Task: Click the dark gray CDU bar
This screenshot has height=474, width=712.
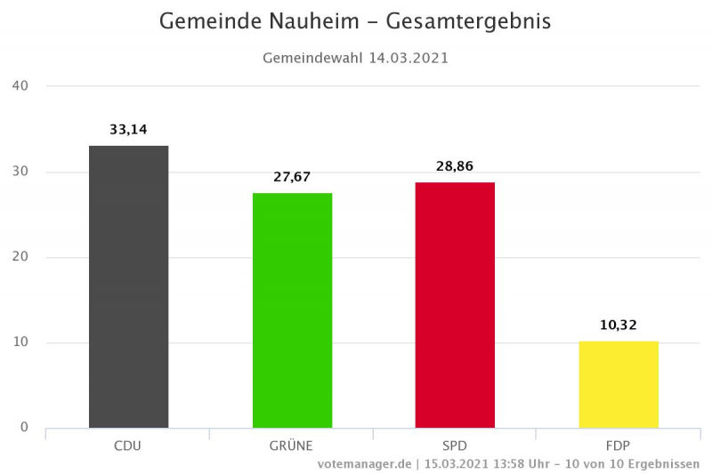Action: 128,286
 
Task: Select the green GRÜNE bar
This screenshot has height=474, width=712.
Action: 292,310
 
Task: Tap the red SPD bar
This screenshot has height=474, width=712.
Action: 455,305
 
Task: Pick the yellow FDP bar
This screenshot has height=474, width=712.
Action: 619,384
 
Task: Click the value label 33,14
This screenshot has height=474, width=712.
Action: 128,130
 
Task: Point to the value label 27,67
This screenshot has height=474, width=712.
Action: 292,177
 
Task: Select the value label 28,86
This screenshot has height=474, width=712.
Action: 455,166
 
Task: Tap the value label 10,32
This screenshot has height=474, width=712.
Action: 619,325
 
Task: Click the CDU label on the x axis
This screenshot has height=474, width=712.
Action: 128,445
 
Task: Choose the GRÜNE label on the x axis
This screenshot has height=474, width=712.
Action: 292,445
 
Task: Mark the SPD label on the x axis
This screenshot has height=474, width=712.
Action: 455,445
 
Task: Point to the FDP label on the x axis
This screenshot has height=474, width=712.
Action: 619,445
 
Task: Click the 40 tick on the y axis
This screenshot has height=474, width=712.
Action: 20,86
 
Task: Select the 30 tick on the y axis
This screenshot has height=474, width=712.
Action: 20,172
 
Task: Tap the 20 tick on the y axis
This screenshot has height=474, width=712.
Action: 20,257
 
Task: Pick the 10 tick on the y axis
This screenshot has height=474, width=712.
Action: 20,342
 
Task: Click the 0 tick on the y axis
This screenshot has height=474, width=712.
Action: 24,428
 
